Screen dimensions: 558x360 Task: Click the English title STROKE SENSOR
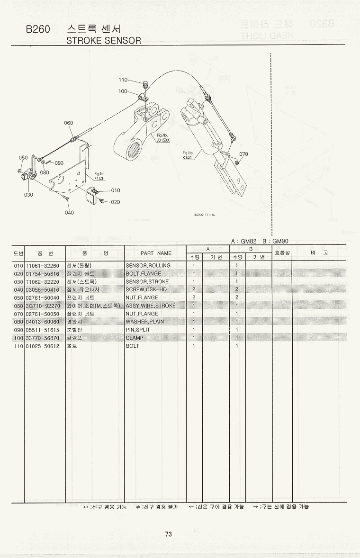pos(104,40)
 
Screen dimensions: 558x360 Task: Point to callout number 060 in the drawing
pos(68,123)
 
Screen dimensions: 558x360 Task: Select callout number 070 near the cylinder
pos(243,154)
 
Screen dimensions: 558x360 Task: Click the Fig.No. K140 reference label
pos(188,155)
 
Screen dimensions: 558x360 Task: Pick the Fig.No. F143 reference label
pos(99,176)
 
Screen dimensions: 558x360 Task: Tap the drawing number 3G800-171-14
pos(204,215)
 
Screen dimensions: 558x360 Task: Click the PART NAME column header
pos(156,253)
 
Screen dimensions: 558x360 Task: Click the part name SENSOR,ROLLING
pos(148,266)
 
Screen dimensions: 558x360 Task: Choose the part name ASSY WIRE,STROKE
pos(150,306)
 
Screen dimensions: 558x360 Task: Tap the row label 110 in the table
pos(18,346)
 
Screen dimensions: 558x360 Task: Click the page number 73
pos(168,534)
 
